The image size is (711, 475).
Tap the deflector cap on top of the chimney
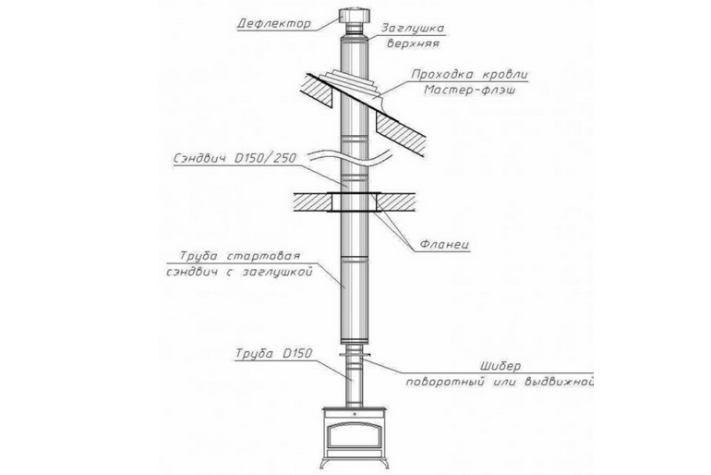[x=353, y=19]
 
